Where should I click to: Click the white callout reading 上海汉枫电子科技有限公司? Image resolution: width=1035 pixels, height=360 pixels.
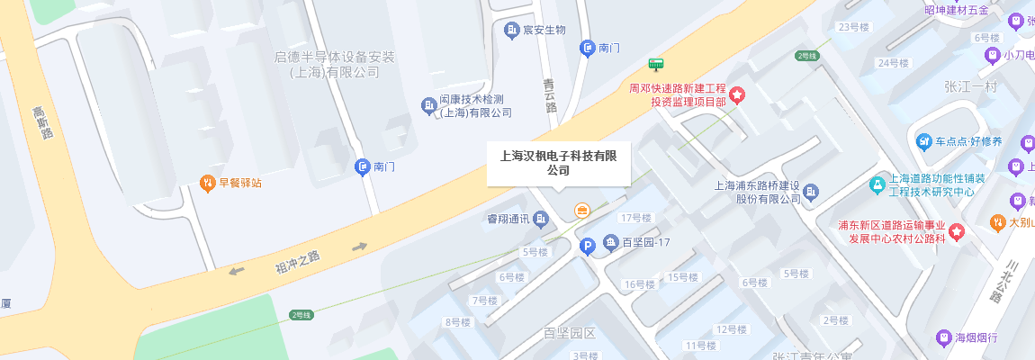pos(559,163)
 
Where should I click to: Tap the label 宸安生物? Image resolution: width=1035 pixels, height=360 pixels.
pos(544,30)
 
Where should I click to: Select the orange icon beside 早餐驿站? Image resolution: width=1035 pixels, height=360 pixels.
pos(207,183)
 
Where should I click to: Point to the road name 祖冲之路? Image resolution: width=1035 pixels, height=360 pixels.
pos(298,260)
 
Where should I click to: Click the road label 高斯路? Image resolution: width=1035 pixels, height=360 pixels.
pos(42,122)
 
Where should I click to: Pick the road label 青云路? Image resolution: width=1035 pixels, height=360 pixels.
pos(550,94)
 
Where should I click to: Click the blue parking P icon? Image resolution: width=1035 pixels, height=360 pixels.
pos(587,245)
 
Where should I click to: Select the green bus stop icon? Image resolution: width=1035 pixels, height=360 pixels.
pos(656,64)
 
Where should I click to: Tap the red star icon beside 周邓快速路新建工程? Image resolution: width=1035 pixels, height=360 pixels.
pos(736,94)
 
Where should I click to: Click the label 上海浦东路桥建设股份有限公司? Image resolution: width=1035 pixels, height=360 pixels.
pos(756,193)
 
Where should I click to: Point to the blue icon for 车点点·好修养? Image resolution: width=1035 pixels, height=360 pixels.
pos(923,142)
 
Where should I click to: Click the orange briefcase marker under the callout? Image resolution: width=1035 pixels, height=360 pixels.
pos(582,211)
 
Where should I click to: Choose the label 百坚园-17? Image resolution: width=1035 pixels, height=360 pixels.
pos(646,243)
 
